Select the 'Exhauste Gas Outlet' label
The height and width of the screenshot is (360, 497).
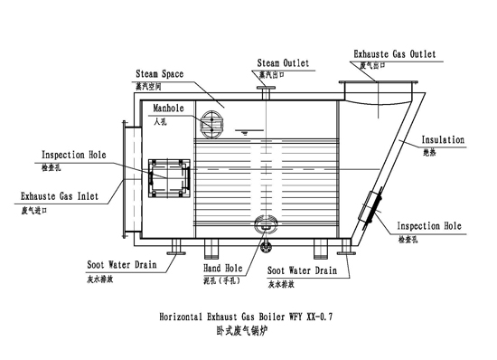(395, 54)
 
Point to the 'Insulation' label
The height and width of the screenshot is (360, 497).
(443, 140)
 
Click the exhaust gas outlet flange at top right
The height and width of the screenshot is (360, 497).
(384, 89)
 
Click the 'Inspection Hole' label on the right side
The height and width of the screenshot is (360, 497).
(430, 225)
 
